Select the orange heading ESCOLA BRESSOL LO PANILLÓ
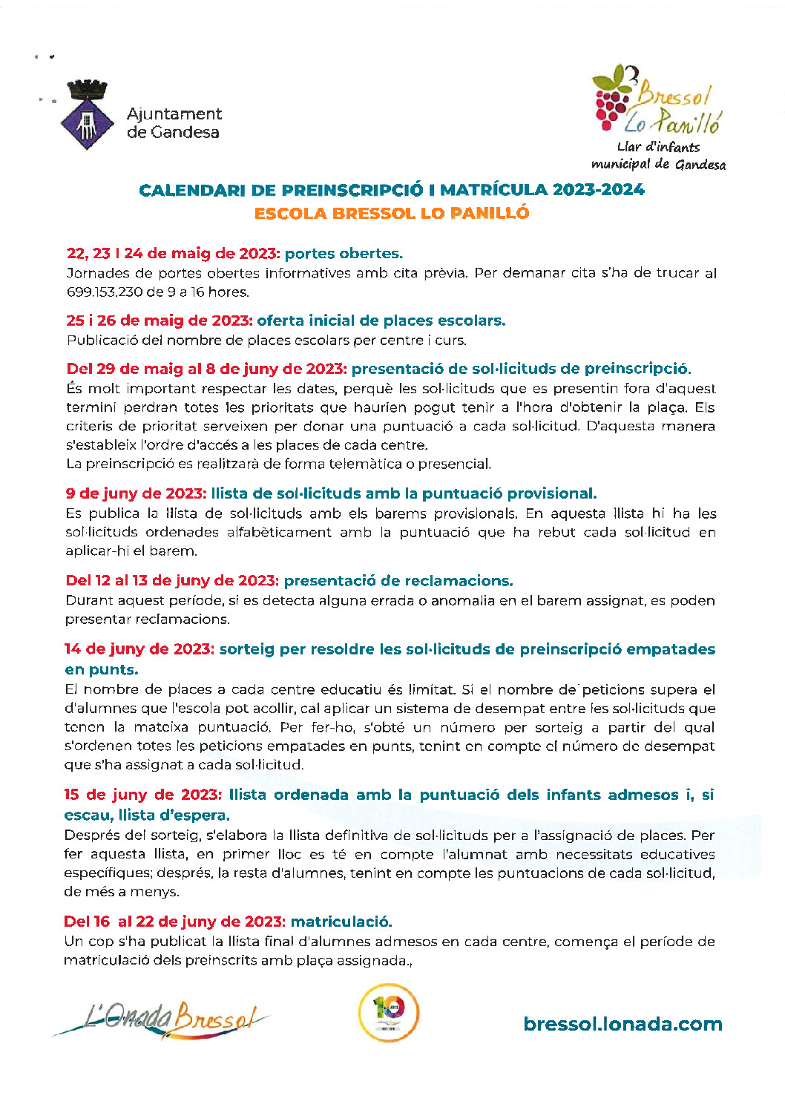point(392,214)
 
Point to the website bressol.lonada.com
point(623,1025)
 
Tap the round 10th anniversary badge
point(389,1013)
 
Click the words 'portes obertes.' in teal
point(344,254)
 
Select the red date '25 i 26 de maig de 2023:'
point(160,321)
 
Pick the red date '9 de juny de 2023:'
point(136,494)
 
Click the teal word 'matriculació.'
point(341,922)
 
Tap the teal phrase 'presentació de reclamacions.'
point(398,581)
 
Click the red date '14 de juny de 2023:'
point(139,649)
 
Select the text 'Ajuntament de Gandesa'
point(174,123)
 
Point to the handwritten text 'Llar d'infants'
point(658,147)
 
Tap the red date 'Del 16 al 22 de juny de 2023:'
point(174,922)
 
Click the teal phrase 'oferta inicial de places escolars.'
point(381,321)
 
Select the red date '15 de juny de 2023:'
point(142,795)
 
